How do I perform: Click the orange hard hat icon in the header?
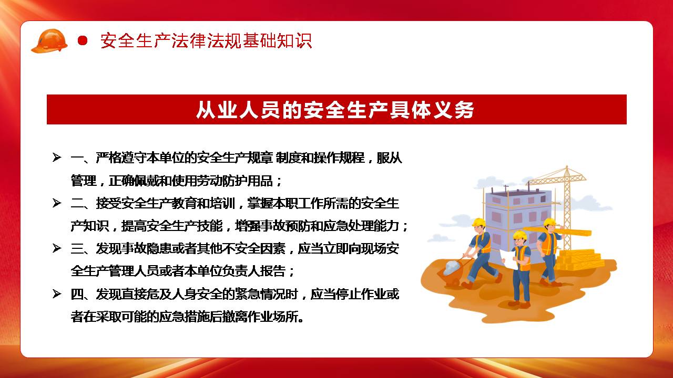(x=49, y=41)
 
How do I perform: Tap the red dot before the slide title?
(x=83, y=40)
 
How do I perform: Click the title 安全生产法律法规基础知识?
(x=206, y=40)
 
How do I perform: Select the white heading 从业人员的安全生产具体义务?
(x=335, y=110)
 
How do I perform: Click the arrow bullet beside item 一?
(x=57, y=157)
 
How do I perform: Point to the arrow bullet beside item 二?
(x=57, y=203)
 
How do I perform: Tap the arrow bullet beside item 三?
(x=57, y=248)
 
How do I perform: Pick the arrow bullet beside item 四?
(x=57, y=294)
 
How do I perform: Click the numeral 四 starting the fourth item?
(x=77, y=295)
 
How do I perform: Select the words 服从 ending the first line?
(x=390, y=158)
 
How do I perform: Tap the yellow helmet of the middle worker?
(x=520, y=234)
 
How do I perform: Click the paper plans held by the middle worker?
(x=509, y=260)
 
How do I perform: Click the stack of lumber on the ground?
(x=580, y=259)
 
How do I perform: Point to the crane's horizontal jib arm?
(x=557, y=177)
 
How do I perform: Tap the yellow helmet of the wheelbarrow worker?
(x=479, y=222)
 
